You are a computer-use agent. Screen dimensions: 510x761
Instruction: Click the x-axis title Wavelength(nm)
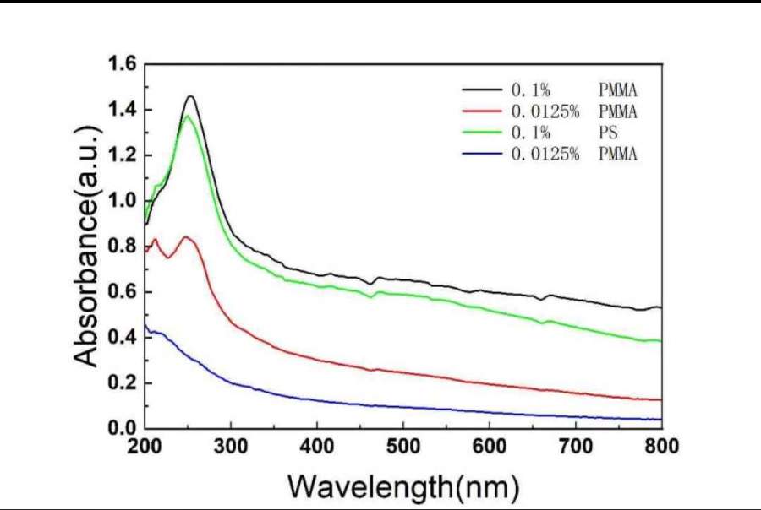pos(402,487)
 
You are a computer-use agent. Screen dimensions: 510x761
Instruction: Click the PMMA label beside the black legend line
pos(611,89)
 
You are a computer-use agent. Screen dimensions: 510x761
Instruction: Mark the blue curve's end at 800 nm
pos(660,419)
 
